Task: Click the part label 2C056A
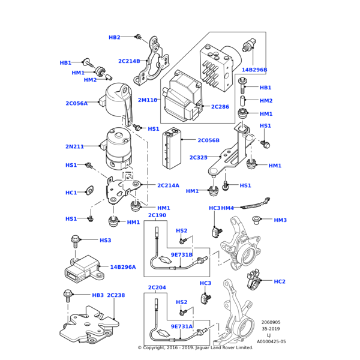coord(76,103)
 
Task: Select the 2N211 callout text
coord(75,146)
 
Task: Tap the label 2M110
coord(147,100)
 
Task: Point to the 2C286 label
coord(220,107)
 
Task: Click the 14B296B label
coord(254,70)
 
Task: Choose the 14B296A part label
coord(122,267)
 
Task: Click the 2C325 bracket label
coord(198,158)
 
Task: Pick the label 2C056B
coord(208,140)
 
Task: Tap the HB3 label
coord(98,295)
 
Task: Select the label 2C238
coord(116,295)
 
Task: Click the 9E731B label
coord(181,255)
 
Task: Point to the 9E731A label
coord(181,326)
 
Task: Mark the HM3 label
coord(280,220)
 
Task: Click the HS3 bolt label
coord(105,241)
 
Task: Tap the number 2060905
coord(271,322)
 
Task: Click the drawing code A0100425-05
coord(271,341)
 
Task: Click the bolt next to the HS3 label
coord(76,241)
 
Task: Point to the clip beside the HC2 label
coord(254,279)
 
